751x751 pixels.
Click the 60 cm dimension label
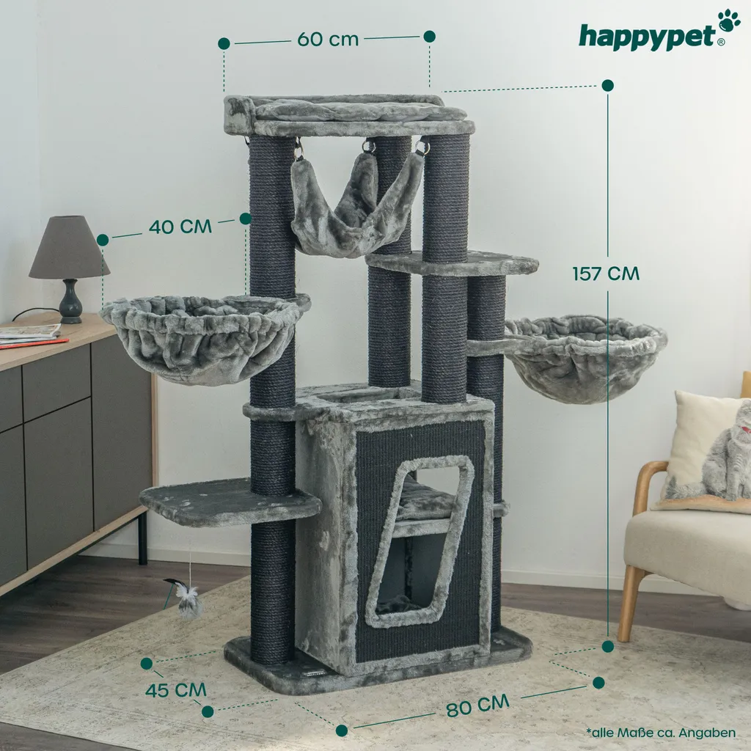tap(328, 40)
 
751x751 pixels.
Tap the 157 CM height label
tap(606, 274)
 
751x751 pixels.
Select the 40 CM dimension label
tap(180, 226)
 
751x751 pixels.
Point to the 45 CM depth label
tap(176, 690)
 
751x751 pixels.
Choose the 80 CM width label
tap(477, 705)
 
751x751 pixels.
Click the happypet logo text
tap(648, 37)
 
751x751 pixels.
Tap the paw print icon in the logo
tap(729, 20)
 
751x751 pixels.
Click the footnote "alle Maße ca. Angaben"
tap(661, 733)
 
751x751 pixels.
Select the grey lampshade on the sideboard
tap(69, 247)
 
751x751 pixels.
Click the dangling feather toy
tap(186, 598)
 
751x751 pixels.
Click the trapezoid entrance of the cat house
tap(420, 541)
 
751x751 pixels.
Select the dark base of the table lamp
tap(71, 301)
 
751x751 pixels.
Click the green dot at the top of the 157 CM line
tap(608, 86)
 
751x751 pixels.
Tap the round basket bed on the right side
tap(585, 357)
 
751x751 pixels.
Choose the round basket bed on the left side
tap(205, 337)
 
